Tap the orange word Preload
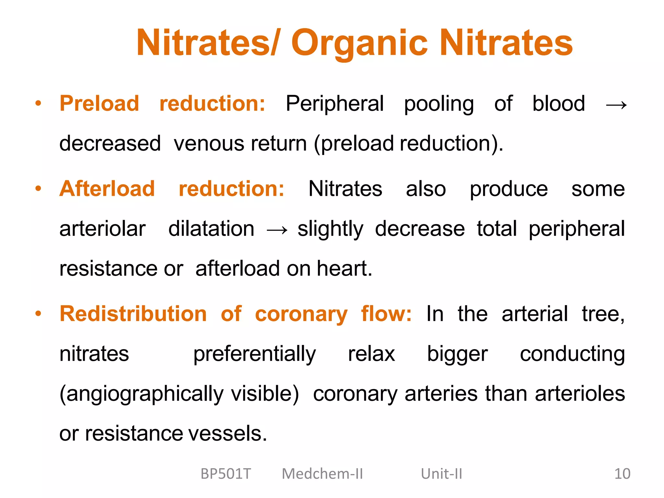point(99,104)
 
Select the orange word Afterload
point(107,189)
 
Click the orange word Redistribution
point(133,314)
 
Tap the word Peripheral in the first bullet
point(335,104)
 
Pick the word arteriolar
point(102,229)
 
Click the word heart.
point(344,269)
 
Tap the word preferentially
point(254,354)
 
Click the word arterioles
point(580,394)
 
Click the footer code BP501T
point(226,474)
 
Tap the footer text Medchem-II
point(322,474)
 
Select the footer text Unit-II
point(441,474)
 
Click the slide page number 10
point(622,474)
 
